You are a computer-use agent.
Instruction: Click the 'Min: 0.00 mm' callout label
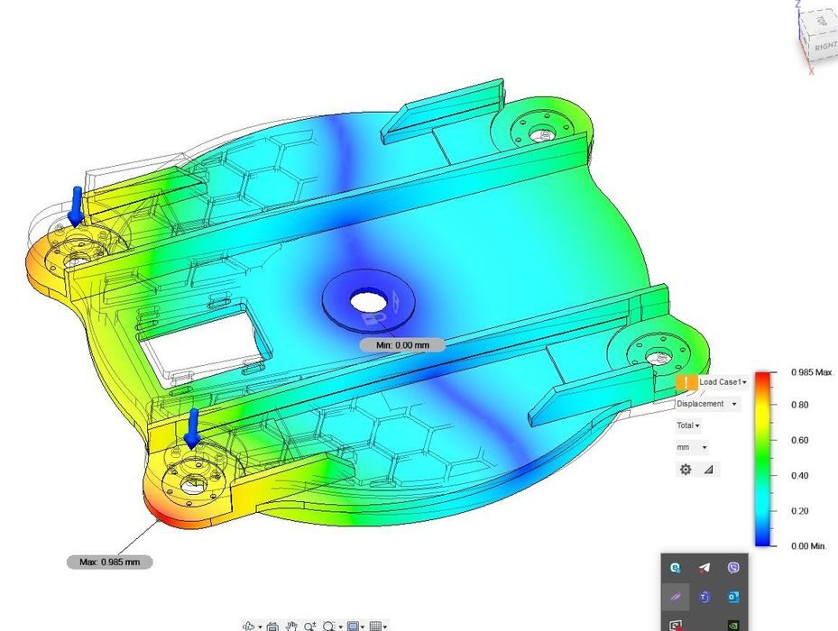(x=401, y=344)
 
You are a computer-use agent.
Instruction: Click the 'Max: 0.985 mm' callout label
(x=109, y=562)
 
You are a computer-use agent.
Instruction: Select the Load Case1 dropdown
(x=723, y=382)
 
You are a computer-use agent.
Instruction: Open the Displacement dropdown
(x=707, y=404)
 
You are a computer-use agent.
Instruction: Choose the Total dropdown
(x=688, y=425)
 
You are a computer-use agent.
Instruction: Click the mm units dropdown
(x=692, y=447)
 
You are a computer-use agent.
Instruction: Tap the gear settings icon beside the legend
(x=686, y=470)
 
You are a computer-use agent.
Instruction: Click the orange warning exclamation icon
(x=686, y=382)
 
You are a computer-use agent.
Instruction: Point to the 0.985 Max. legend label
(x=812, y=372)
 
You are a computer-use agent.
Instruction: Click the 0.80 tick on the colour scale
(x=799, y=406)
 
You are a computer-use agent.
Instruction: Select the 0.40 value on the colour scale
(x=799, y=476)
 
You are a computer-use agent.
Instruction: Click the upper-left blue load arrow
(x=78, y=206)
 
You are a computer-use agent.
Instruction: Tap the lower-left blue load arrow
(x=192, y=428)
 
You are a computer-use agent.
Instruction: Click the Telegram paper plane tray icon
(x=704, y=567)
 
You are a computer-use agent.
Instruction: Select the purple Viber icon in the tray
(x=733, y=567)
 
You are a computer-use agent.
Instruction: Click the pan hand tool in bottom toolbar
(x=291, y=626)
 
